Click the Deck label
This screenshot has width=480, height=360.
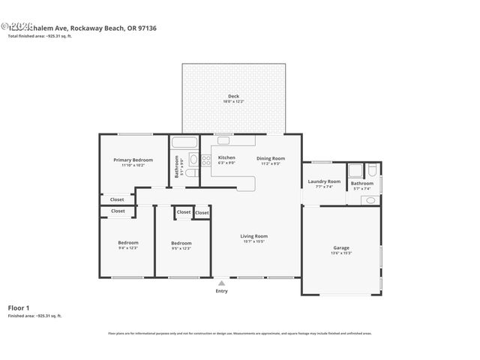pos(234,96)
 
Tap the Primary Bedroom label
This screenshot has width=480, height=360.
pos(133,160)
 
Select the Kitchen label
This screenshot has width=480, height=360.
pos(226,157)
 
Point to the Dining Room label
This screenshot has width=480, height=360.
pos(271,157)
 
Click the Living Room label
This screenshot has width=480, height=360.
pos(254,236)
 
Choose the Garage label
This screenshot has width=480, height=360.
pos(341,247)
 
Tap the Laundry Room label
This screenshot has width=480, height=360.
pos(324,181)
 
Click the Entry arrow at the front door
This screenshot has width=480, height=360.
pos(221,283)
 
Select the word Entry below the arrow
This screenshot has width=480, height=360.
pos(221,291)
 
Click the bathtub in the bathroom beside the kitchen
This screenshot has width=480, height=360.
pos(183,141)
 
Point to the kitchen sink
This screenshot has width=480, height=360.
pos(224,140)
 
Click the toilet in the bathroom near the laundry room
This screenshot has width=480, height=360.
pos(368,200)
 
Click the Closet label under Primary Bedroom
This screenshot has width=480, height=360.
pos(117,199)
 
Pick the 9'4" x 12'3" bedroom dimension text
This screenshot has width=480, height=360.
pos(128,248)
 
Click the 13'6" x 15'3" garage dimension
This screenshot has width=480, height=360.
pos(341,253)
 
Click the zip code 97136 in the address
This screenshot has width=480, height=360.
pos(125,28)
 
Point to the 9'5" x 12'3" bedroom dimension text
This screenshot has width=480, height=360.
pos(181,248)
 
